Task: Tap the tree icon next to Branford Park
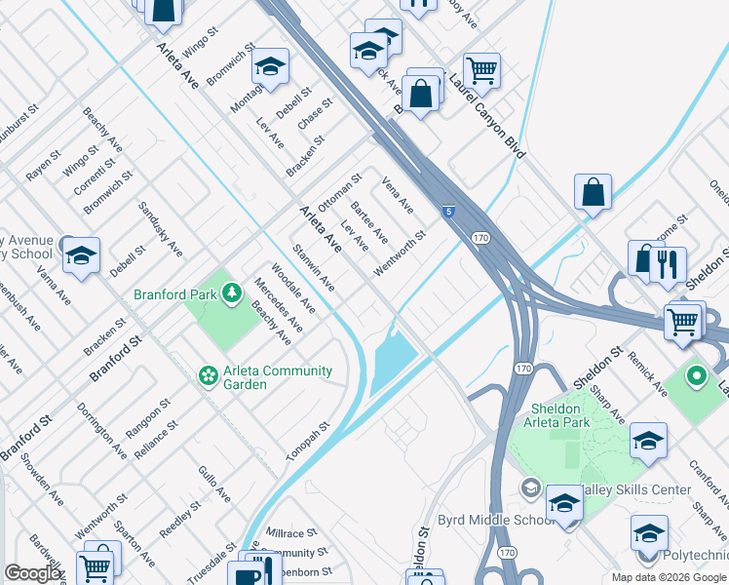[x=232, y=292]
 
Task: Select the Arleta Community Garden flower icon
[x=208, y=374]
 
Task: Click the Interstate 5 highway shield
[x=447, y=211]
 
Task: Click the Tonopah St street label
[x=309, y=442]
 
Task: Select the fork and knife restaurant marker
[x=668, y=264]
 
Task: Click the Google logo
[x=33, y=573]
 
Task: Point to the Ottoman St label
[x=339, y=191]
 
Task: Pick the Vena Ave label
[x=398, y=195]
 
